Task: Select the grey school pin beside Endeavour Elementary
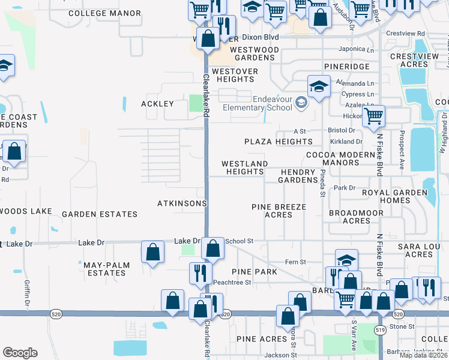[301, 104]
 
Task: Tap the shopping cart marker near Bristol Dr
[374, 116]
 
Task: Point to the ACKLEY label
[157, 104]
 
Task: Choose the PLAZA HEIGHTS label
[279, 142]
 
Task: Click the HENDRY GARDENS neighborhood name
[298, 176]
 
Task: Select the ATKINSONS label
[182, 203]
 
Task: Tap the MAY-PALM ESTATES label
[105, 268]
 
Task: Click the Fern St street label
[295, 262]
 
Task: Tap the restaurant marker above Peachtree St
[200, 274]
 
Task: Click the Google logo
[20, 353]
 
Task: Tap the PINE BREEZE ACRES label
[279, 211]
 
